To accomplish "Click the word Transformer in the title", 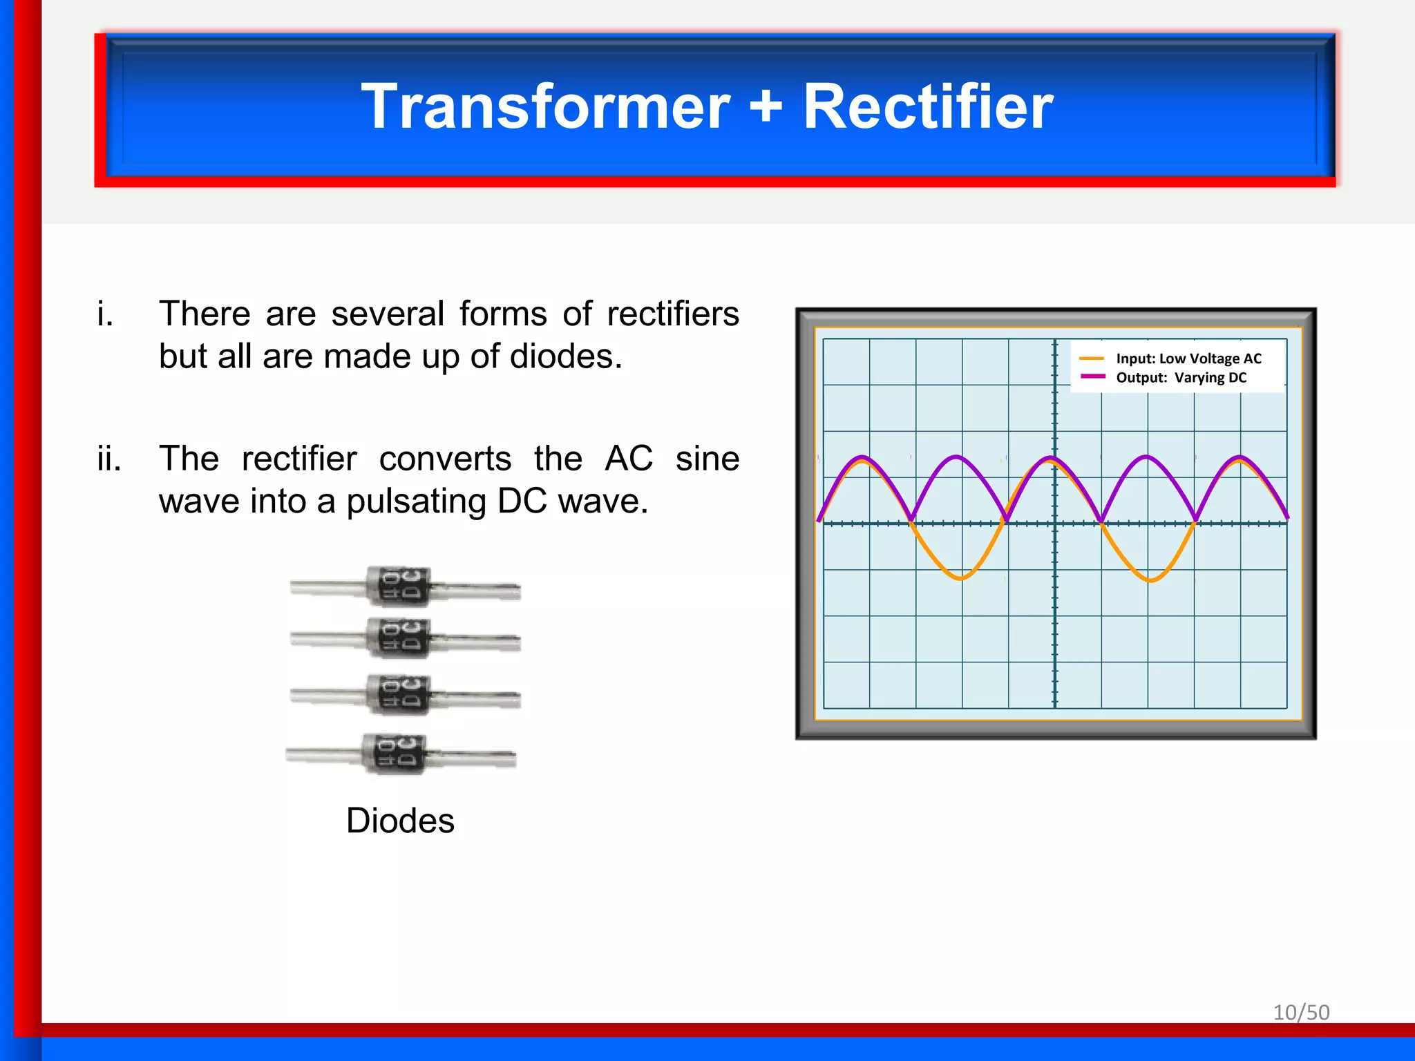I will tap(545, 106).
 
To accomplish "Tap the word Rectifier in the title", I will tap(927, 106).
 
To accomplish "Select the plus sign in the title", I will tap(766, 106).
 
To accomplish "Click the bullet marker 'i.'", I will tap(105, 314).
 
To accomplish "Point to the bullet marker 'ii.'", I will tap(109, 459).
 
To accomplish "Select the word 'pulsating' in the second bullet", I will tap(416, 501).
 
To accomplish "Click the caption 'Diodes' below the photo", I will tap(400, 821).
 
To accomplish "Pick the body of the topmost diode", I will tap(399, 586).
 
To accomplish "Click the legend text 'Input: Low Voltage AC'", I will tap(1188, 359).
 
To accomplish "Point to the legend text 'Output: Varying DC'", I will tap(1181, 378).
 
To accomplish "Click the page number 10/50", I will tap(1301, 1012).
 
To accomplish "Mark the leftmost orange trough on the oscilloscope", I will tap(960, 577).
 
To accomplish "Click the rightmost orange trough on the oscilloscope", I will tap(1150, 580).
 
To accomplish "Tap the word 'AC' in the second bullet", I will tap(629, 459).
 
